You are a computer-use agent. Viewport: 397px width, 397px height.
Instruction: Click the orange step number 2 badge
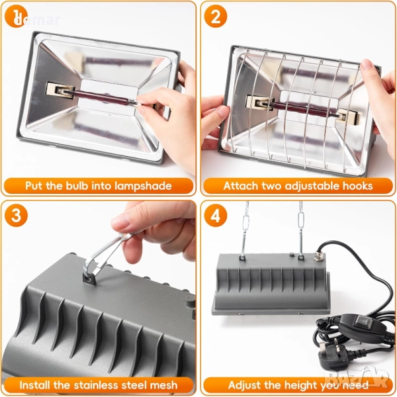pos(216,17)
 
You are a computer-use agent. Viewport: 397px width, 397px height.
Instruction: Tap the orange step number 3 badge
pos(16,216)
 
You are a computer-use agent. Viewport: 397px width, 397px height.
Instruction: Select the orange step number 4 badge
pos(216,216)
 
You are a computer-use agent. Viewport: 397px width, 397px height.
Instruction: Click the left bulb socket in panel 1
pos(60,91)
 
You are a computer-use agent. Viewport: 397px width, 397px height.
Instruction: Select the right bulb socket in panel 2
pos(348,116)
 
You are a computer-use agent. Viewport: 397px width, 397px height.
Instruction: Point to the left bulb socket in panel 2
pos(260,103)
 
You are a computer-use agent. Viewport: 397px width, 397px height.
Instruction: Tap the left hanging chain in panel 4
pos(245,230)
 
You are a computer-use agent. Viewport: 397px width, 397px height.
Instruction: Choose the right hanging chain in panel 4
pos(301,229)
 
